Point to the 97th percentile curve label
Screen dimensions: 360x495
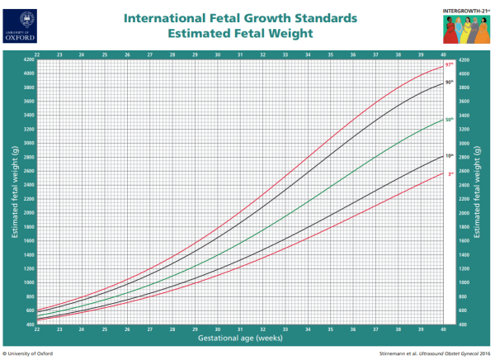point(450,64)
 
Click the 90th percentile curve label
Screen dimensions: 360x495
point(450,82)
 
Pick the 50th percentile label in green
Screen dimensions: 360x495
point(450,121)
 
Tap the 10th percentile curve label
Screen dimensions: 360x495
point(450,155)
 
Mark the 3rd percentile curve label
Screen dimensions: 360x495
point(450,173)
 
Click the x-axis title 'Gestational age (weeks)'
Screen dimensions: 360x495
point(240,339)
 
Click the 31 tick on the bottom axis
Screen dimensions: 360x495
point(240,329)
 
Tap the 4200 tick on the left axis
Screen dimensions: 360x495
point(28,60)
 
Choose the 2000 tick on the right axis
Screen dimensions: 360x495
point(463,213)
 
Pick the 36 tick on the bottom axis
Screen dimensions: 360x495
point(353,329)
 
